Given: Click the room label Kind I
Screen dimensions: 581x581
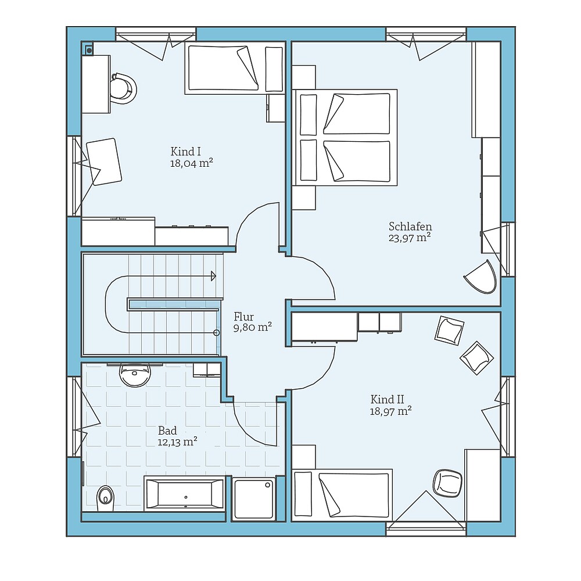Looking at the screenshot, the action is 186,151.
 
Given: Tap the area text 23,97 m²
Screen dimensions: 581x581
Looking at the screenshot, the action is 410,238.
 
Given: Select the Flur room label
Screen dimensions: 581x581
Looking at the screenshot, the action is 244,317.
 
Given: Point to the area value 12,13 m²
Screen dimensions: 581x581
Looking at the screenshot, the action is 177,442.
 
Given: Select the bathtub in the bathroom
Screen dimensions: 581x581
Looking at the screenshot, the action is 185,494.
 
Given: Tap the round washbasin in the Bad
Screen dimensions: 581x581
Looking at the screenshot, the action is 135,374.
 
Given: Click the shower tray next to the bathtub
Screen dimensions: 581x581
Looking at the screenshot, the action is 254,498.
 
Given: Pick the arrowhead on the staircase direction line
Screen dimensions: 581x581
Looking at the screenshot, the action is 213,276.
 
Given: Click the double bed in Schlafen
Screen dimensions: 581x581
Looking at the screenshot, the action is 345,137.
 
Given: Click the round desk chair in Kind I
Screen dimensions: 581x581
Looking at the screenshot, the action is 123,88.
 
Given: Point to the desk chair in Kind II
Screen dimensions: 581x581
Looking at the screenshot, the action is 447,483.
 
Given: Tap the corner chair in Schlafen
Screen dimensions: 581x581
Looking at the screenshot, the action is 480,277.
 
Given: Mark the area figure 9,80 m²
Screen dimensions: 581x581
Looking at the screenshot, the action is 253,328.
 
